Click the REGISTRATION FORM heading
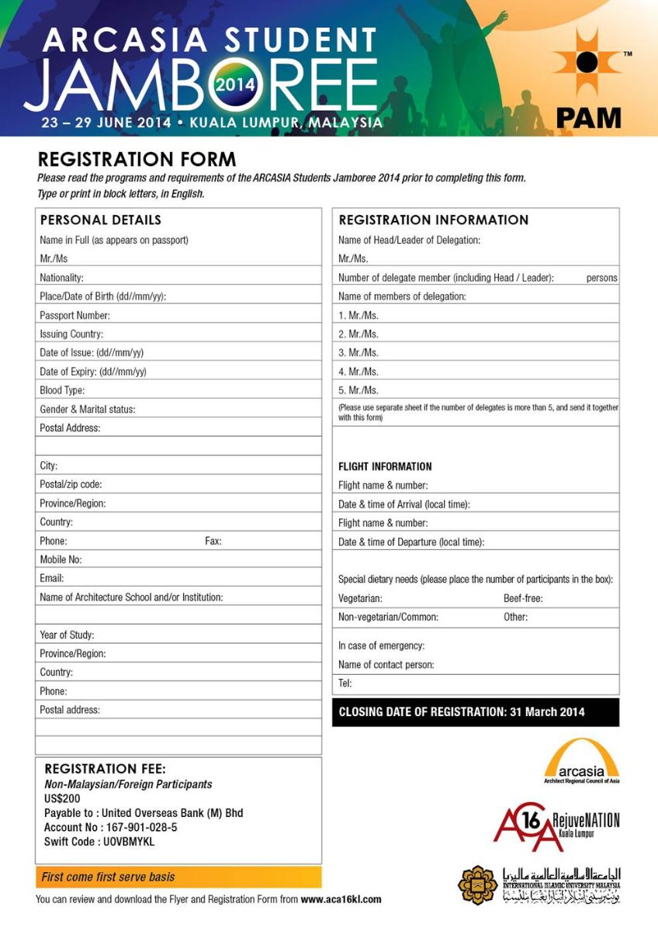[137, 160]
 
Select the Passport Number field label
[74, 316]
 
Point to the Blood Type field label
[62, 390]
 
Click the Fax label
[213, 541]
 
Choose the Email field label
[52, 578]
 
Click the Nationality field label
[61, 278]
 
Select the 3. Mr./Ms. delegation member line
[358, 353]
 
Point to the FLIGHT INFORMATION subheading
[385, 466]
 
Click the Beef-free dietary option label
[523, 598]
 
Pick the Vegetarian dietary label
[360, 598]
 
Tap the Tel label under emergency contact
[345, 684]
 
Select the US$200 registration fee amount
[62, 798]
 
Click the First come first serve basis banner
[109, 877]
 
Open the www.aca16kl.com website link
[341, 899]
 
